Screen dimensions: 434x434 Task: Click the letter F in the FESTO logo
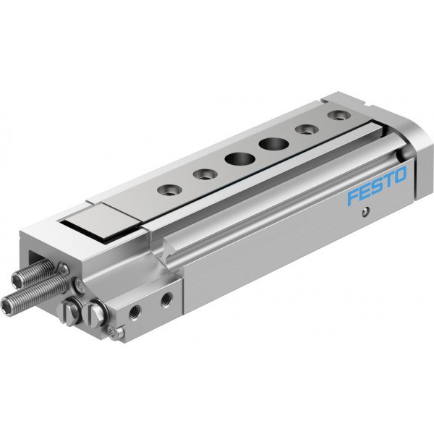coord(354,197)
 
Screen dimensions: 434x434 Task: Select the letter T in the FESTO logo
coord(388,181)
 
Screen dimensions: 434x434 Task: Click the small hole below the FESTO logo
coord(365,212)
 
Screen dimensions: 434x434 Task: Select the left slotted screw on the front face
coord(72,310)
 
